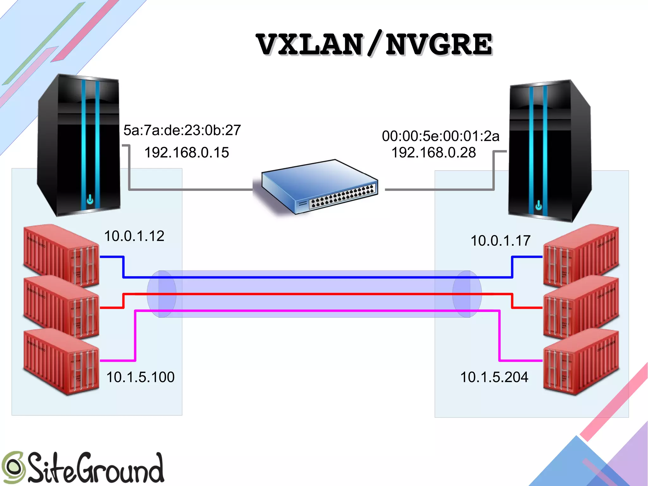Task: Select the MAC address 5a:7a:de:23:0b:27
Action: [x=182, y=130]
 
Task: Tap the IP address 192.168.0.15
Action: [x=186, y=153]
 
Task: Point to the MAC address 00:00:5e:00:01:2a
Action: [x=440, y=136]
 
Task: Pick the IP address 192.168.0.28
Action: [x=433, y=153]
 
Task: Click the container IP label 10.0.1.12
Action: [x=134, y=236]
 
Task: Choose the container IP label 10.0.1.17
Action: [x=500, y=241]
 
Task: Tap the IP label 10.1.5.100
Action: [x=140, y=377]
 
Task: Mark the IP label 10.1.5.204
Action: [x=494, y=377]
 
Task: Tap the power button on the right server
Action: [x=539, y=206]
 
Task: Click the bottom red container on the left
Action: [x=60, y=361]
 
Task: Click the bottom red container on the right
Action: [x=581, y=361]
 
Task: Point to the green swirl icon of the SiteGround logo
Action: [x=13, y=467]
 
